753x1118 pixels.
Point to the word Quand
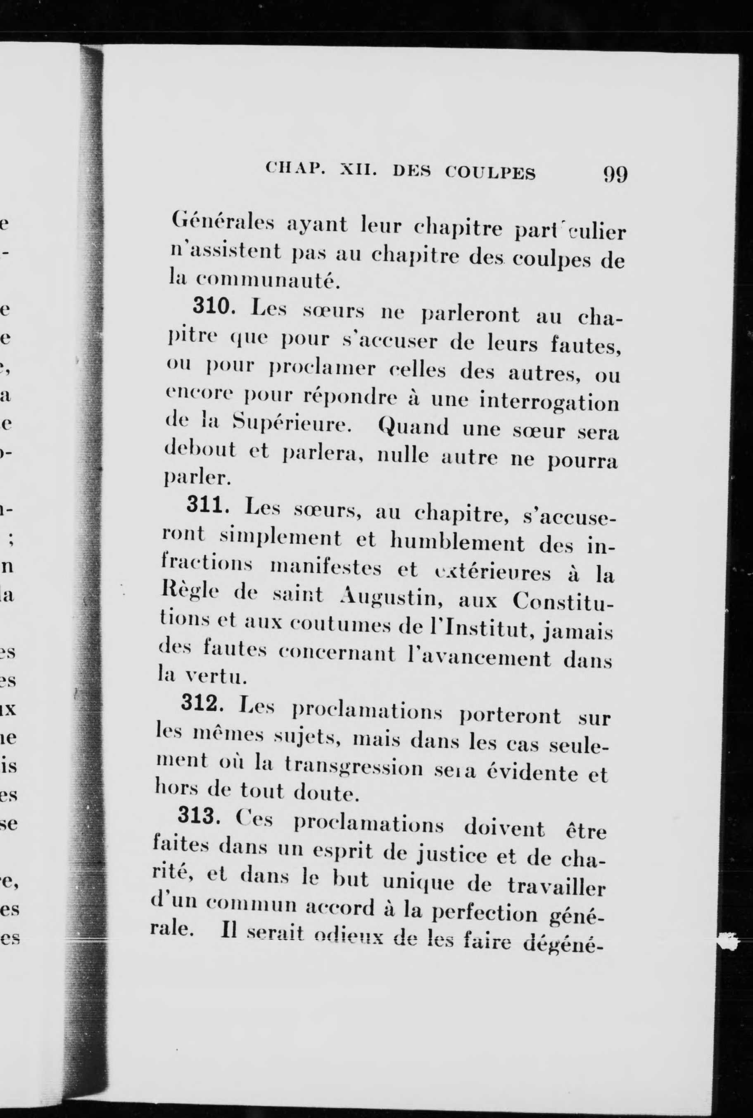[413, 426]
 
